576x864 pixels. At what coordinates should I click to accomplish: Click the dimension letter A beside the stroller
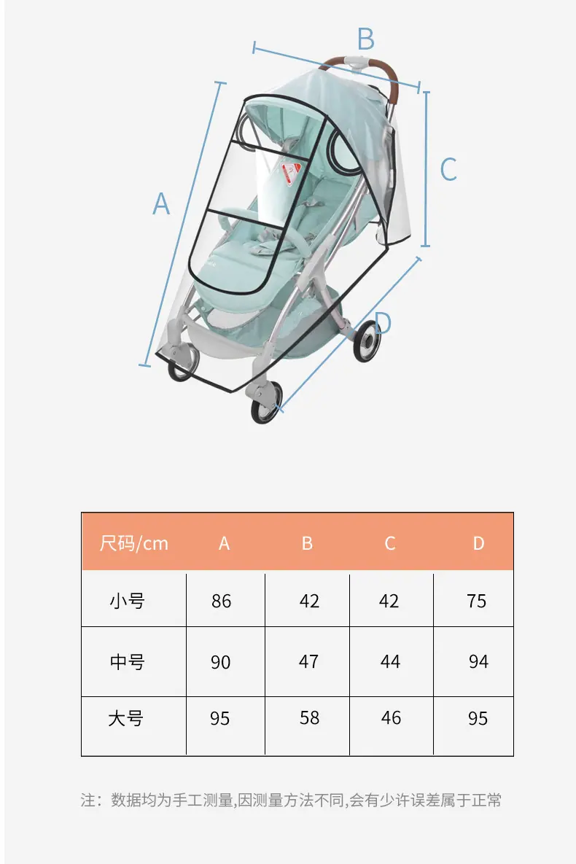tap(161, 203)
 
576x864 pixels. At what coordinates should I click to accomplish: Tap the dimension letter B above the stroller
tap(366, 39)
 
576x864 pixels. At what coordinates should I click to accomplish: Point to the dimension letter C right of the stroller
tap(448, 169)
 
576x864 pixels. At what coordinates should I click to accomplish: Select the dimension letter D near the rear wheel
tap(383, 322)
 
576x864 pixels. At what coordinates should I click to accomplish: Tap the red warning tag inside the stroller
tap(290, 174)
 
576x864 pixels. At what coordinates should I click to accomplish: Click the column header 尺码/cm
tap(134, 543)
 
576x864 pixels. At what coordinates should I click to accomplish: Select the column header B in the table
tap(307, 543)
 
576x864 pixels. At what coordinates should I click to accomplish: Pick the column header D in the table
tap(478, 543)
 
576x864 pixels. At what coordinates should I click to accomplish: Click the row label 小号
tap(128, 601)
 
